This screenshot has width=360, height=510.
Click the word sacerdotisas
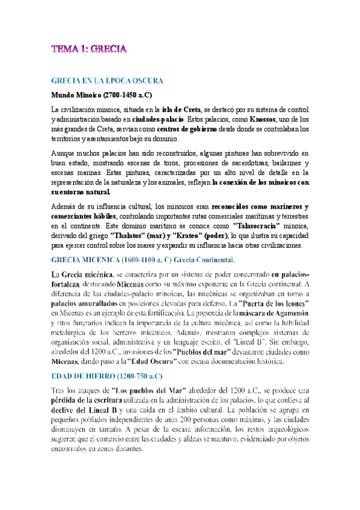pyautogui.click(x=248, y=163)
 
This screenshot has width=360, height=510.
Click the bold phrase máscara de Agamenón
pyautogui.click(x=275, y=313)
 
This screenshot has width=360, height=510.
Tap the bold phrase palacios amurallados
pyautogui.click(x=88, y=304)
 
